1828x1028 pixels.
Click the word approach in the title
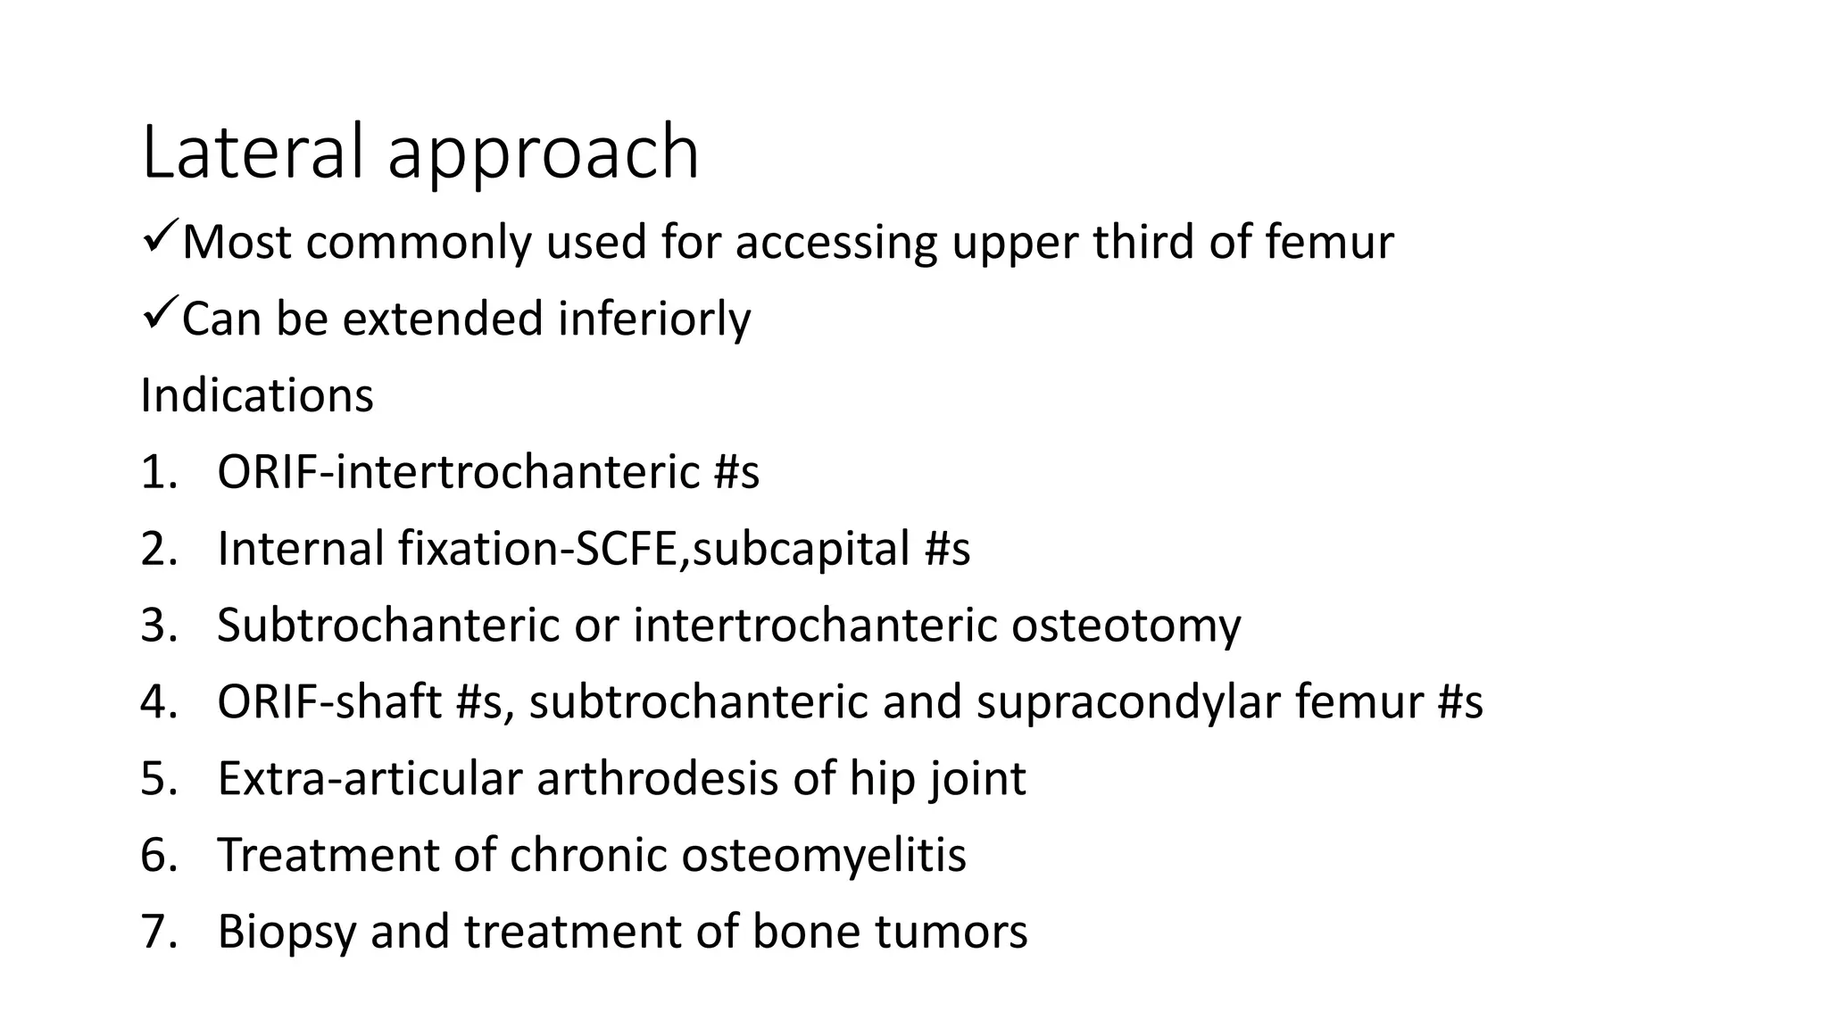point(543,156)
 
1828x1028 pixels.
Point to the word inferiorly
point(654,319)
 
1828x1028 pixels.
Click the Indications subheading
point(257,395)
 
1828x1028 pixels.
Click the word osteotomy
point(1126,625)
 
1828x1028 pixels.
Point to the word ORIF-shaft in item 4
point(329,701)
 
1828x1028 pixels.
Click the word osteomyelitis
point(823,855)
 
